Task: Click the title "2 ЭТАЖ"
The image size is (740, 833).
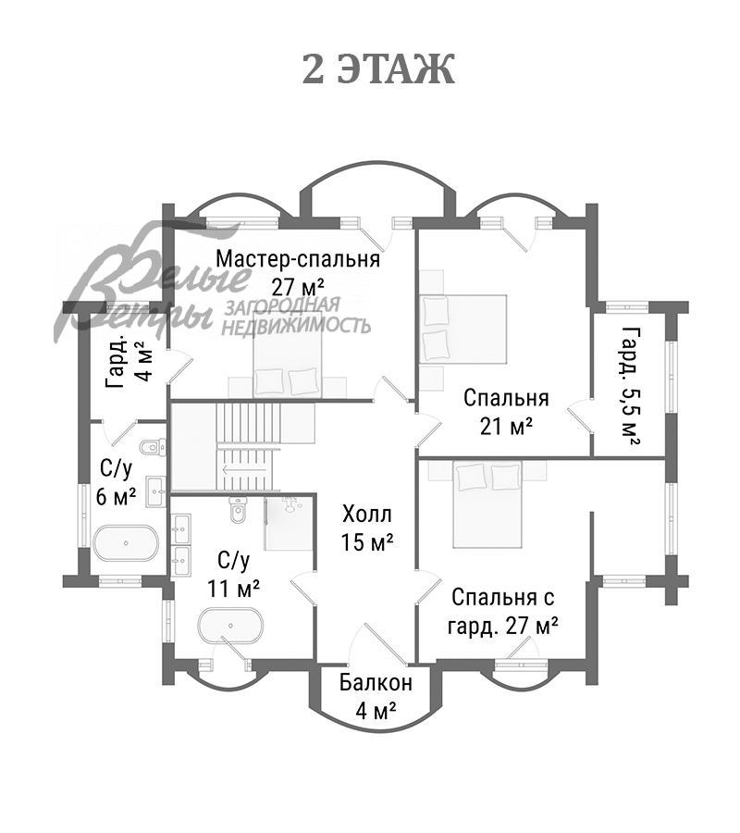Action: click(x=378, y=69)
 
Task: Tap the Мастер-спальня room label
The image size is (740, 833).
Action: click(x=298, y=272)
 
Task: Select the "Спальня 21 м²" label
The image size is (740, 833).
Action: click(x=506, y=412)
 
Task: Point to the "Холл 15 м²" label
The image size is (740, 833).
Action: click(x=367, y=528)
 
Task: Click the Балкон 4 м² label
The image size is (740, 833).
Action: click(x=376, y=697)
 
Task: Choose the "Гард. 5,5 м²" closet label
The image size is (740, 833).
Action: click(x=631, y=385)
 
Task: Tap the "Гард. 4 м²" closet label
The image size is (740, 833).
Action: click(x=129, y=365)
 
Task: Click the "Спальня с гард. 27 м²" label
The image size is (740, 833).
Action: click(x=502, y=610)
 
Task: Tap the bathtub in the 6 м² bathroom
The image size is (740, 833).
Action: click(x=125, y=543)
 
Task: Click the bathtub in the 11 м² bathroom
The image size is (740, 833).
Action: click(x=229, y=626)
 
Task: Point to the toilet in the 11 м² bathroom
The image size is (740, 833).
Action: click(x=238, y=509)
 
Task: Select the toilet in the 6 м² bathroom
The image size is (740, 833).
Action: click(x=152, y=448)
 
